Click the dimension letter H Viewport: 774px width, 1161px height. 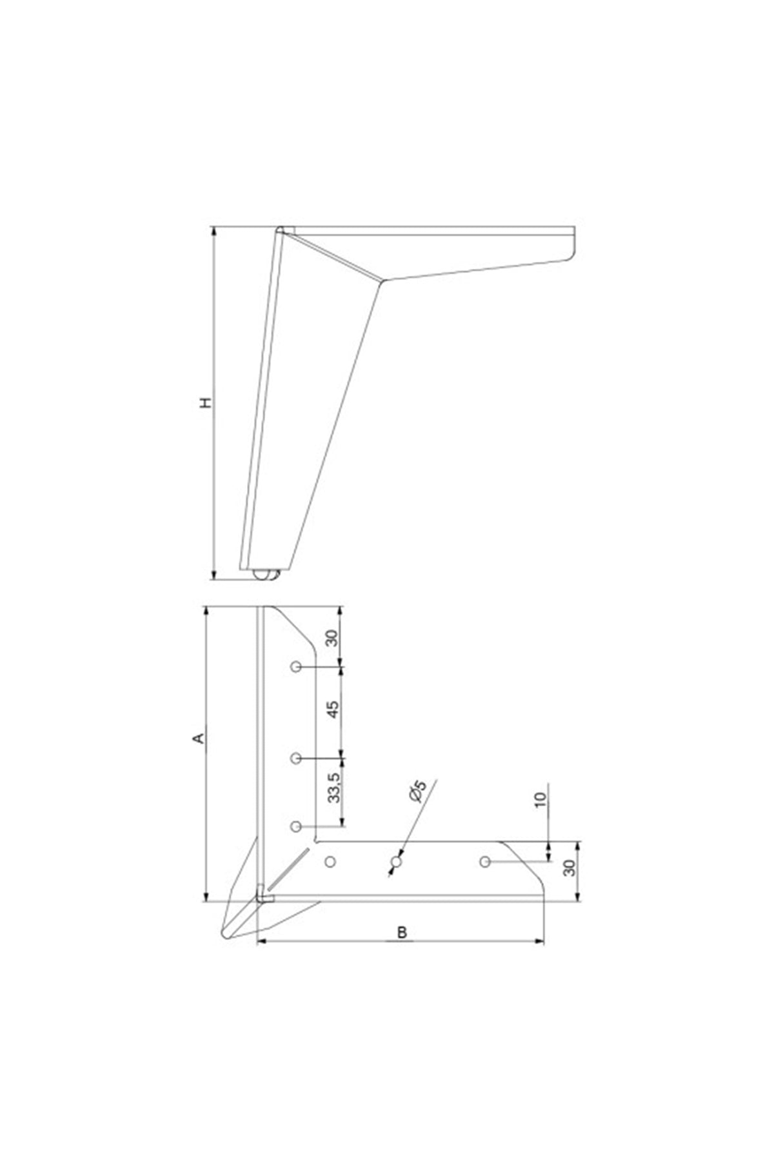(206, 403)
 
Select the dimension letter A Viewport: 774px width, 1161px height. (200, 737)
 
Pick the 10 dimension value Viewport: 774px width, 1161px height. (541, 799)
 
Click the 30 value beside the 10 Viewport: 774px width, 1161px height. (569, 868)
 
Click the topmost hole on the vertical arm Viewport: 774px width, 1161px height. (295, 666)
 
